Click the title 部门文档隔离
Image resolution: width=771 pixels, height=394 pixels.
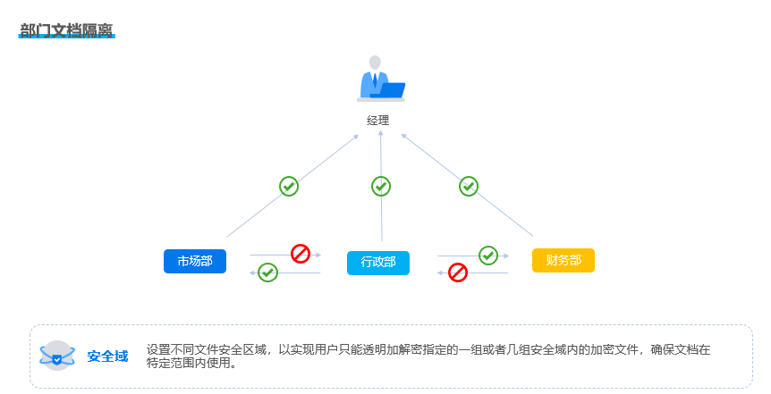pyautogui.click(x=66, y=30)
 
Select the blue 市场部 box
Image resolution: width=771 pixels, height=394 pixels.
pyautogui.click(x=195, y=261)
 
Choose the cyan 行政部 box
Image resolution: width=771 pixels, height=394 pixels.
pyautogui.click(x=378, y=263)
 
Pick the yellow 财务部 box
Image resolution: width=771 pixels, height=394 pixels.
pyautogui.click(x=563, y=260)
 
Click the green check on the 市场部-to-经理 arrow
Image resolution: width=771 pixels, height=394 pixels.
pyautogui.click(x=289, y=186)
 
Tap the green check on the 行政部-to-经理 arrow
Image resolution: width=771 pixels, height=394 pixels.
pyautogui.click(x=381, y=186)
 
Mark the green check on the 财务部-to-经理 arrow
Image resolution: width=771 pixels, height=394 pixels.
pyautogui.click(x=469, y=186)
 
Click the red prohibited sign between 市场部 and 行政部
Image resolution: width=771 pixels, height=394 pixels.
pyautogui.click(x=301, y=254)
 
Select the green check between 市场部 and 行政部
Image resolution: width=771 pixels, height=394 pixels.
pyautogui.click(x=267, y=272)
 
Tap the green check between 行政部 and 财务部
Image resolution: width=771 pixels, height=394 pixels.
pyautogui.click(x=488, y=255)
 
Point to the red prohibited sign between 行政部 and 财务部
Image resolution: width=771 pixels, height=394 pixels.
pyautogui.click(x=458, y=272)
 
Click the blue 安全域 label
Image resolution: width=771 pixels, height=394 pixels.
pyautogui.click(x=107, y=356)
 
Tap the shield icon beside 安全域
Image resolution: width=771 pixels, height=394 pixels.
pyautogui.click(x=57, y=356)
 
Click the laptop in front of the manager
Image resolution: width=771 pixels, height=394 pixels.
pyautogui.click(x=390, y=90)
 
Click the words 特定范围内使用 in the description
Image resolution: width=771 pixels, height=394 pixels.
pyautogui.click(x=189, y=364)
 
